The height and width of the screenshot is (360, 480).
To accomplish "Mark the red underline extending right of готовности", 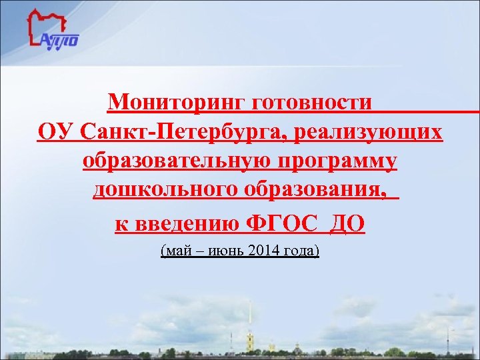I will point(427,111).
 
